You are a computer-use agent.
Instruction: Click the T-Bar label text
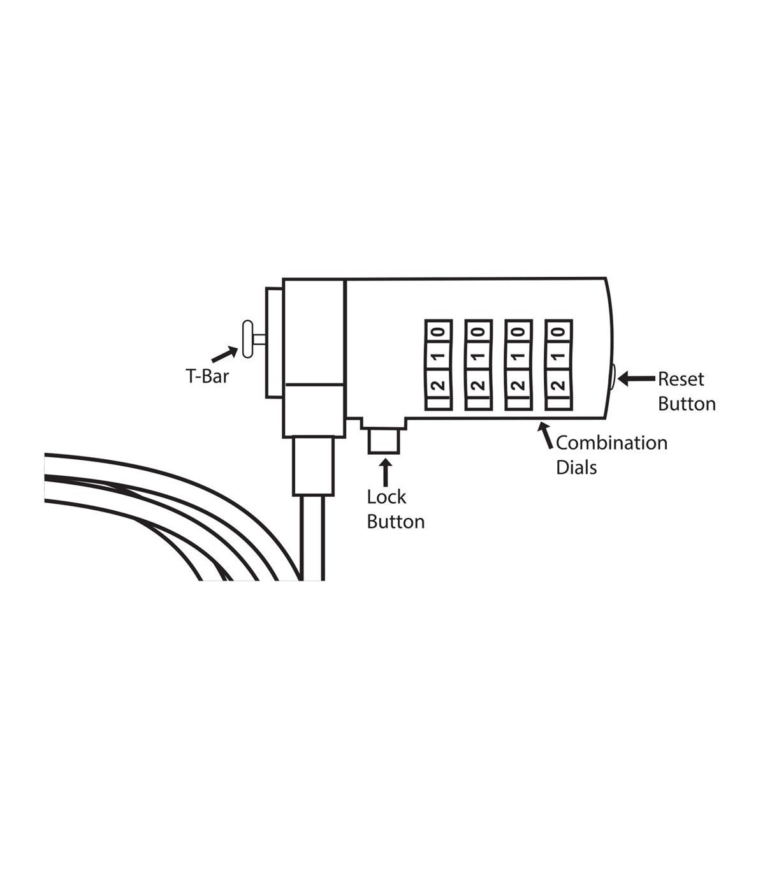tap(207, 376)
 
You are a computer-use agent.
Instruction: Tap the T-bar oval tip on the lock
tap(247, 339)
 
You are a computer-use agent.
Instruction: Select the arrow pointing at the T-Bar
tap(224, 354)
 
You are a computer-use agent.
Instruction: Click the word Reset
tap(681, 379)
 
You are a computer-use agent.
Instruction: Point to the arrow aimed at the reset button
tap(636, 379)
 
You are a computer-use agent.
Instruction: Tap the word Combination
tap(611, 443)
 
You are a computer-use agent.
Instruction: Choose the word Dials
tap(576, 467)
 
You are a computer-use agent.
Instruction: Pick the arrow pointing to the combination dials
tap(546, 435)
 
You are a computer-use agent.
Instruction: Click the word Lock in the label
tap(386, 497)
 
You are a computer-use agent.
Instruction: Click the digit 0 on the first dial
tap(438, 332)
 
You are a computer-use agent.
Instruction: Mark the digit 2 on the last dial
tap(558, 385)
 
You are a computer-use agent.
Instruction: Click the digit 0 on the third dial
tap(518, 332)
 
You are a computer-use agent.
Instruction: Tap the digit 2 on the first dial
tap(438, 385)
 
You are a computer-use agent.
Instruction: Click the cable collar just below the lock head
tap(313, 466)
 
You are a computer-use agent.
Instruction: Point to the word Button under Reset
tap(687, 404)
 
